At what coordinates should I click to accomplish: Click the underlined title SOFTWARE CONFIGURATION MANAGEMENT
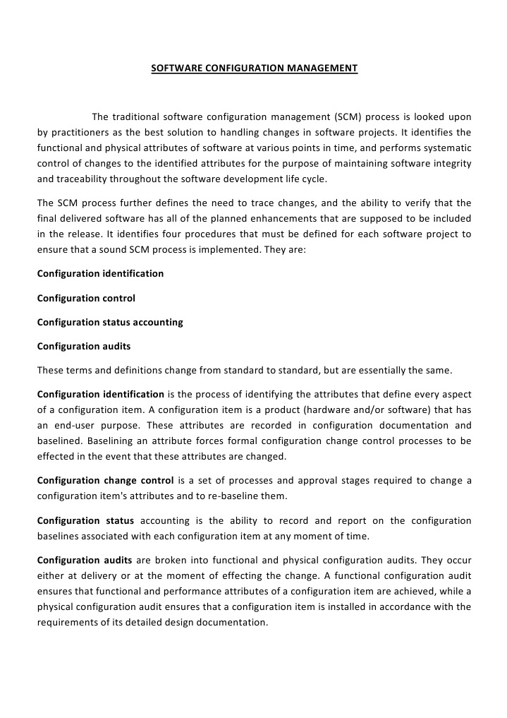[255, 68]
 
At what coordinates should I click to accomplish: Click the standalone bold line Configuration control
[86, 298]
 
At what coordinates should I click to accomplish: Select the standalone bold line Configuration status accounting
[110, 322]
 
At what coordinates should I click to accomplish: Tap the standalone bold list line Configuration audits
[83, 346]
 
